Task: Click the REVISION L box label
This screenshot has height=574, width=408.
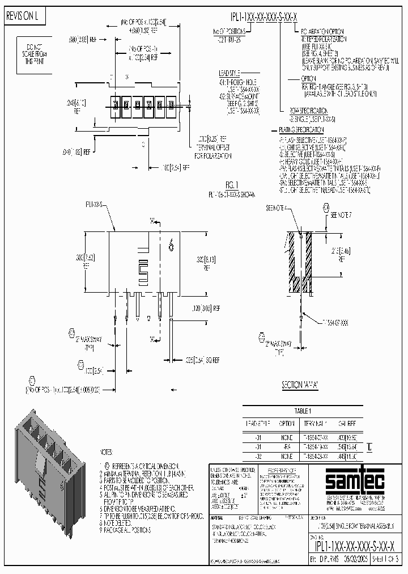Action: pyautogui.click(x=22, y=17)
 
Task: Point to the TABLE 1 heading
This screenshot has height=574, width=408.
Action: pyautogui.click(x=303, y=411)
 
